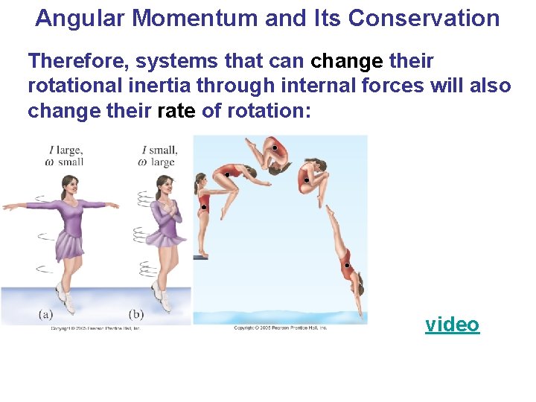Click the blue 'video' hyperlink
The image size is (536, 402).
[x=452, y=325]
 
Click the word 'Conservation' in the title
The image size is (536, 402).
[x=423, y=18]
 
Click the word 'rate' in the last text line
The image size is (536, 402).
[x=176, y=111]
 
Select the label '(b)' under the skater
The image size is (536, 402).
[x=136, y=315]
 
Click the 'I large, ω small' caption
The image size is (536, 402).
[x=65, y=155]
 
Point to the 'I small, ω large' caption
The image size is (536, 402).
[x=159, y=155]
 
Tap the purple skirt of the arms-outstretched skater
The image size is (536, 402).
[x=68, y=244]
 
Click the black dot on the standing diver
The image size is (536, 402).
[x=203, y=207]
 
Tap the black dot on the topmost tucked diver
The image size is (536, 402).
[x=275, y=148]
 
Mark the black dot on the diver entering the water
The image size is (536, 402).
[x=346, y=264]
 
